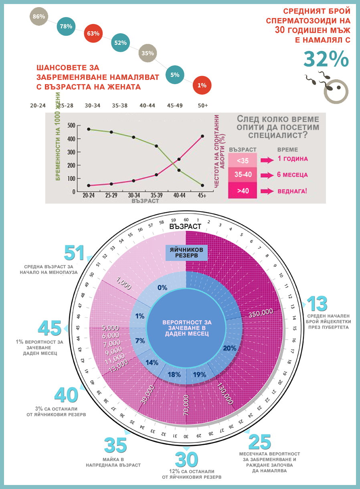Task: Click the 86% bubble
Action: click(x=39, y=17)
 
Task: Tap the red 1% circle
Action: click(x=202, y=85)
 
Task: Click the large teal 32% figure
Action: click(x=326, y=59)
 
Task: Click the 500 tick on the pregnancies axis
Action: click(x=71, y=125)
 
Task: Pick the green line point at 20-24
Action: click(x=88, y=129)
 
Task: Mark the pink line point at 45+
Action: click(x=202, y=136)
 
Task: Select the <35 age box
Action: click(x=243, y=160)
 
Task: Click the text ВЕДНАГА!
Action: click(x=293, y=190)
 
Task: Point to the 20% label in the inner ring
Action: click(x=229, y=348)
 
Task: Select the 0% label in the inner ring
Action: click(x=162, y=287)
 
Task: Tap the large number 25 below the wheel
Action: click(x=260, y=442)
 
